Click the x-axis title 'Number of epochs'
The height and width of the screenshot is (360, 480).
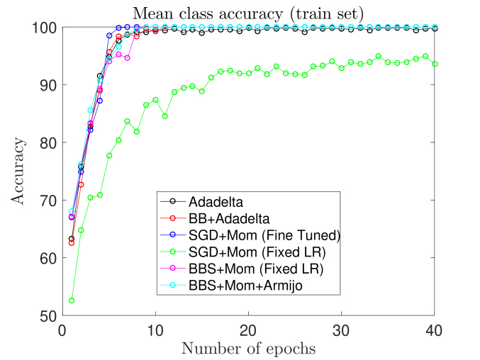(x=248, y=348)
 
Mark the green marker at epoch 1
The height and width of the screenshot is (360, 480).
(x=72, y=300)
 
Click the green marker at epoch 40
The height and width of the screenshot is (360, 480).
(x=434, y=64)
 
